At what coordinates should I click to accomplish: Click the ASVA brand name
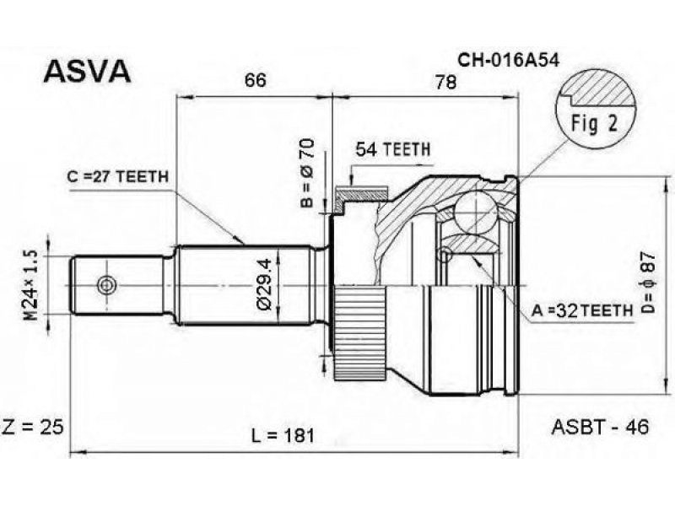click(x=87, y=71)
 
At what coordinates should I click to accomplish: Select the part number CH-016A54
click(x=508, y=61)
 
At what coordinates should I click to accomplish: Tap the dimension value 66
click(x=256, y=80)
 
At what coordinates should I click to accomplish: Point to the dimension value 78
click(x=445, y=81)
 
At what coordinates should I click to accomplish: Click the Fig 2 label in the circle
click(x=595, y=123)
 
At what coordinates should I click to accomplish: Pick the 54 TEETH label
click(x=392, y=149)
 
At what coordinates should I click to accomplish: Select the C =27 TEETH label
click(x=117, y=176)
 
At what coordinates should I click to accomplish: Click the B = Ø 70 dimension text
click(x=307, y=173)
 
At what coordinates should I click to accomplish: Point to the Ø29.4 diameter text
click(x=263, y=284)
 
